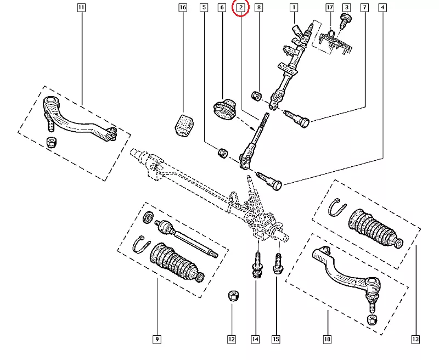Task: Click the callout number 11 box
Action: [x=81, y=8]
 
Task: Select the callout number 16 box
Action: [x=183, y=8]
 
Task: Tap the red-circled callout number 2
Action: [x=241, y=8]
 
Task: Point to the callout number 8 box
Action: [x=259, y=8]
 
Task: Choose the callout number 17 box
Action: [x=329, y=8]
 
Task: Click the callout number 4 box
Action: [x=382, y=8]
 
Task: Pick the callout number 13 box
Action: [x=415, y=339]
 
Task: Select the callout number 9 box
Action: [x=157, y=339]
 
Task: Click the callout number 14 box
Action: [x=255, y=339]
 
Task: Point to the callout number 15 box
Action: [x=275, y=339]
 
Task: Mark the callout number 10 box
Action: [x=327, y=339]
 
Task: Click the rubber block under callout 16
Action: [x=183, y=125]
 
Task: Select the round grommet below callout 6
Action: [x=223, y=109]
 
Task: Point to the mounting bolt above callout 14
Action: [x=256, y=264]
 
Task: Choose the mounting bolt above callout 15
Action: [x=277, y=262]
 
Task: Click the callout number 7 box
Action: [x=364, y=8]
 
